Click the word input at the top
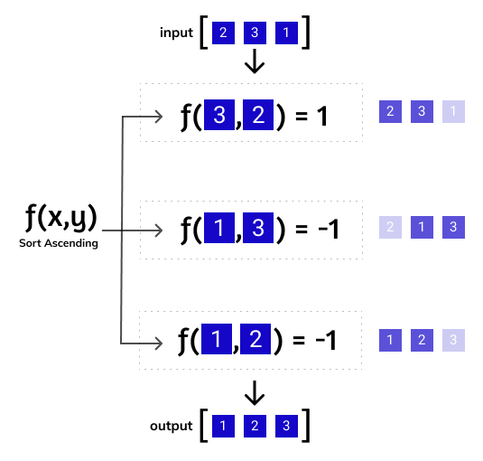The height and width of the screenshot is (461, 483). coord(176,33)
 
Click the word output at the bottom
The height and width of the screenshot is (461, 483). coord(172,426)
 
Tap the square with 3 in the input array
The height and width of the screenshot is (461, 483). coord(255,34)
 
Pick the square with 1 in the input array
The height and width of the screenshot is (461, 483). coord(287,34)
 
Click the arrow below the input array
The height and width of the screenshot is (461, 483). coord(255,61)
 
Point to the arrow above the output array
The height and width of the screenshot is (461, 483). coord(255,391)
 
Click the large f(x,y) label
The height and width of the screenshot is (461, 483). coord(60,218)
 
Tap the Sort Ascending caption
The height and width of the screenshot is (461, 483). coord(58,244)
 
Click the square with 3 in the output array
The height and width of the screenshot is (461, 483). coord(287,426)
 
